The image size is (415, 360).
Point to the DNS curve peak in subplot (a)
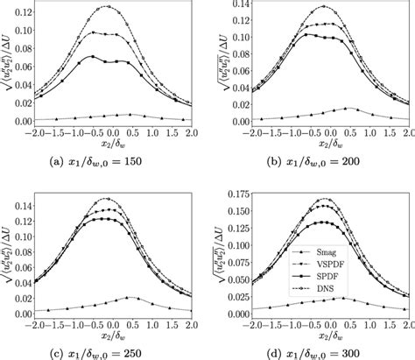coord(109,7)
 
